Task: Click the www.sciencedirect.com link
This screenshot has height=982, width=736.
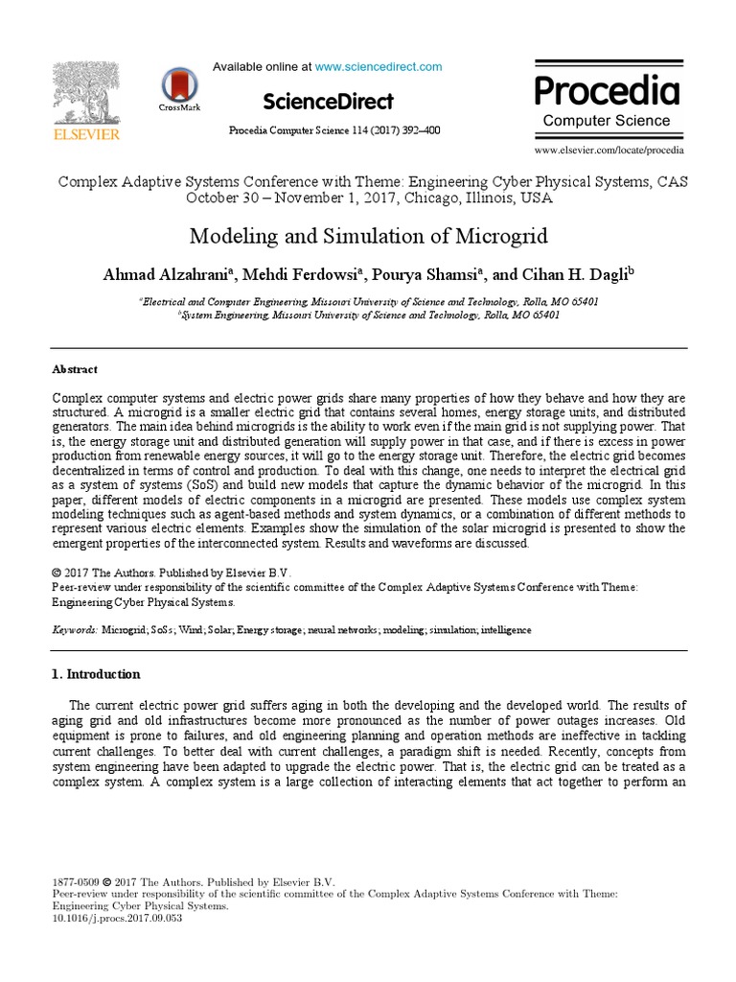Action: (x=379, y=67)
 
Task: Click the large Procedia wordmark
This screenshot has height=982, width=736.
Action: (x=607, y=91)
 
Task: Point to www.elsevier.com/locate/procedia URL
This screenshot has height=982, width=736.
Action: (x=609, y=151)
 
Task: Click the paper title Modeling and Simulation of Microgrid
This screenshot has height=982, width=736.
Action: (x=367, y=236)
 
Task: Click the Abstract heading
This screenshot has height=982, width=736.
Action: (x=74, y=369)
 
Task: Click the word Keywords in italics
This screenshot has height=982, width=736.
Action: (x=74, y=630)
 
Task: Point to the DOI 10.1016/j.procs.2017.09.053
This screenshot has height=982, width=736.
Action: (x=117, y=918)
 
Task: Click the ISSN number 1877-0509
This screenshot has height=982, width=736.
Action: (x=74, y=880)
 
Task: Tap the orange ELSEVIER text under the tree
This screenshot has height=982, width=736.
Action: (x=86, y=135)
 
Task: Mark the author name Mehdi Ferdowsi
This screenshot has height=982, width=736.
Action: (x=298, y=274)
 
